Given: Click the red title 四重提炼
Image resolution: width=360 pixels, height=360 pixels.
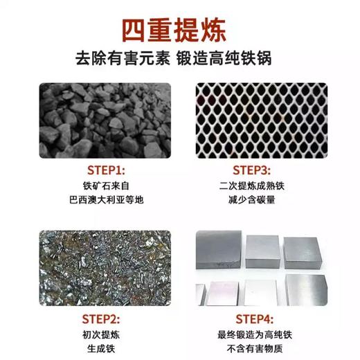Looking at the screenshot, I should click(x=173, y=30).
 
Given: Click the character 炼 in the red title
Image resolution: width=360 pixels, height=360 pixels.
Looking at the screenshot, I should click(x=210, y=30).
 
